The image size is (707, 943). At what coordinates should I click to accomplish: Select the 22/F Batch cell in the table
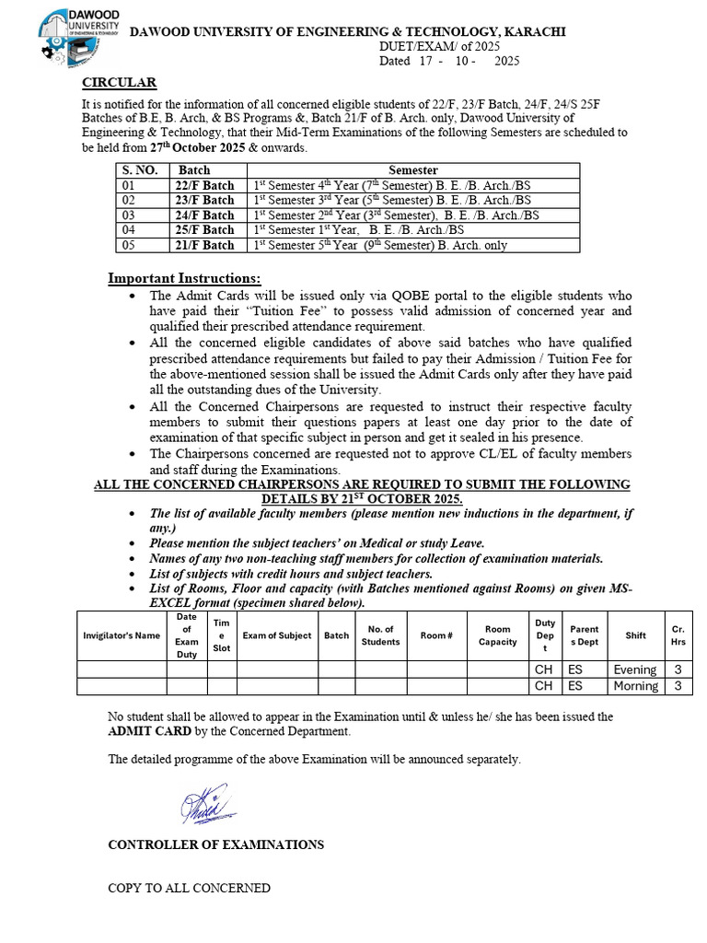click(x=205, y=185)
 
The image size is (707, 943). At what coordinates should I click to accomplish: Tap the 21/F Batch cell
click(x=205, y=245)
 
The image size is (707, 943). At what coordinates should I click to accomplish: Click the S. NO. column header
click(x=140, y=170)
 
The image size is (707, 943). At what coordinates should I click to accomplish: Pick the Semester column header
click(x=412, y=170)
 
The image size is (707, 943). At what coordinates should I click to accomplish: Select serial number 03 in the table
click(x=129, y=215)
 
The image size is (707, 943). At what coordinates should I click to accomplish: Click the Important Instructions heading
click(x=184, y=278)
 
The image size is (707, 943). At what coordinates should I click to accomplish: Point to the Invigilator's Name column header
click(x=122, y=635)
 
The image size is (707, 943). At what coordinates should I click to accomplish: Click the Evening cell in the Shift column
click(x=635, y=669)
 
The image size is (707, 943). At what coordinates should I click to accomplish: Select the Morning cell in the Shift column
click(x=635, y=686)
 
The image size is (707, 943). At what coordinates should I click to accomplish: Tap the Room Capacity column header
click(x=498, y=635)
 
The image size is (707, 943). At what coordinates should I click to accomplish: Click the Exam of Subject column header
click(x=276, y=635)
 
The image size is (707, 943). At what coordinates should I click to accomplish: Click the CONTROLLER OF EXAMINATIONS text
click(x=215, y=844)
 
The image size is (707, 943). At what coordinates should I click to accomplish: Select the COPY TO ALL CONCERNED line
click(x=189, y=889)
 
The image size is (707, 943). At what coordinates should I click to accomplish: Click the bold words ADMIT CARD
click(x=149, y=731)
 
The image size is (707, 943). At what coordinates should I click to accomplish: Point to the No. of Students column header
click(x=380, y=635)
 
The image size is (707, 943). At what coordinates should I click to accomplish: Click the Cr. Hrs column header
click(x=678, y=635)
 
